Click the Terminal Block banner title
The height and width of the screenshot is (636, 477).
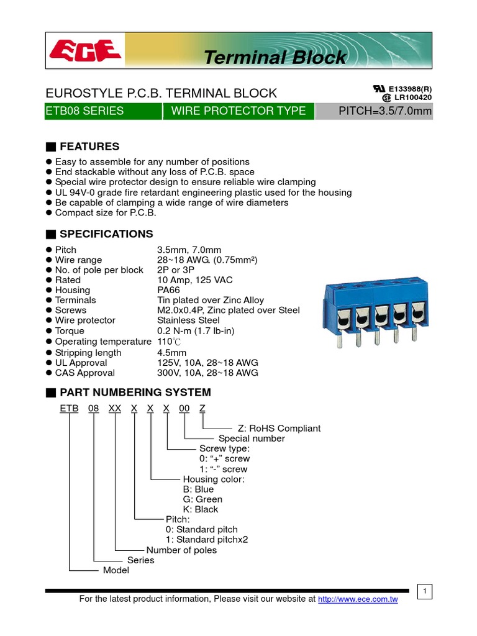[275, 58]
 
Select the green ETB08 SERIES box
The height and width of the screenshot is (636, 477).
[103, 111]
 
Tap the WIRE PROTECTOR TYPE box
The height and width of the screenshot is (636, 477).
[238, 111]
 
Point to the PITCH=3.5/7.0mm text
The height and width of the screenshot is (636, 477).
[384, 111]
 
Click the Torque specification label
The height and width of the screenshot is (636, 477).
[70, 331]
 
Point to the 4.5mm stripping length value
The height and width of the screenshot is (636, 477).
[173, 353]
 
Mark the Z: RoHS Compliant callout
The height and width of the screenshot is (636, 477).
[279, 429]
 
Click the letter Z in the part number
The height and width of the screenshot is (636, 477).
[202, 409]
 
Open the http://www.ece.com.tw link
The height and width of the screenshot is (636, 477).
[357, 599]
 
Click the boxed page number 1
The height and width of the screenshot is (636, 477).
[425, 592]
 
